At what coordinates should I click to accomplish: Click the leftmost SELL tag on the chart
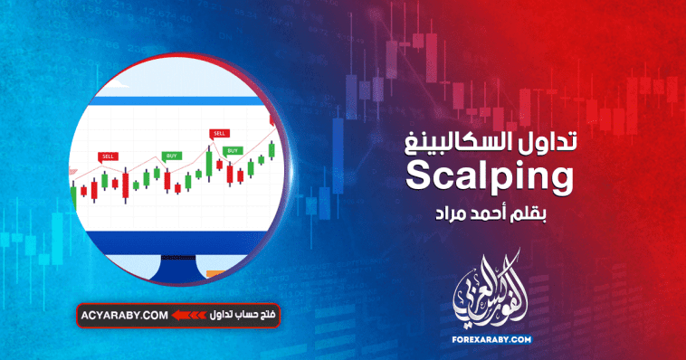109,156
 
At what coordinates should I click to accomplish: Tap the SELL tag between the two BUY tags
219,133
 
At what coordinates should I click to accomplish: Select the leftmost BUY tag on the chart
171,156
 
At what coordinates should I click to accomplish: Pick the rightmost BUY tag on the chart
233,150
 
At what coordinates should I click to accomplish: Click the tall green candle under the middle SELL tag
210,164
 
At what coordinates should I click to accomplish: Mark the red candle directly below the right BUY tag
231,173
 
